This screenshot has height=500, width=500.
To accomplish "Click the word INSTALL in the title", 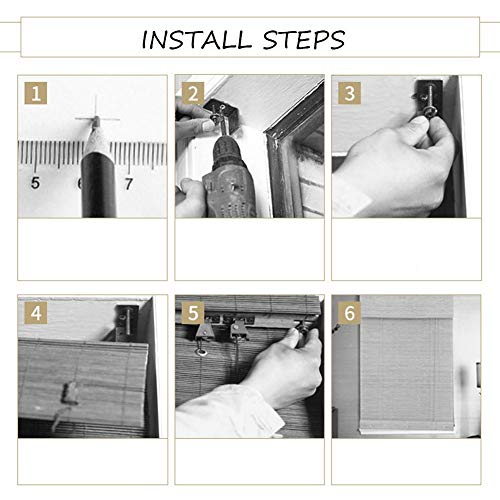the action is [197, 40].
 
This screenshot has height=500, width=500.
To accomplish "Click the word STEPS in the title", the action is [304, 40].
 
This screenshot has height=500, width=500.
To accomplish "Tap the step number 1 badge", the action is [36, 93].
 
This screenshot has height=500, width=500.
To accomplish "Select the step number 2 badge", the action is [193, 93].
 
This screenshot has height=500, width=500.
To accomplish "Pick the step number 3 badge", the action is [349, 93].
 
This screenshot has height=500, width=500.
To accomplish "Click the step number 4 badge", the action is [36, 313].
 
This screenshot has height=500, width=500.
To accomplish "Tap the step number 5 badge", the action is [193, 313].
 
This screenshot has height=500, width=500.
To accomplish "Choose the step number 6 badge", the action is [349, 313].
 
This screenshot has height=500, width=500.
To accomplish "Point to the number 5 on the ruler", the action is [35, 183].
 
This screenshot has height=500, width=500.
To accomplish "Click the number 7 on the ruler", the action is [129, 184].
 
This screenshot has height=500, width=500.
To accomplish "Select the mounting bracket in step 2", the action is [221, 112].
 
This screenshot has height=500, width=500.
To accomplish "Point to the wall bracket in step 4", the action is [127, 323].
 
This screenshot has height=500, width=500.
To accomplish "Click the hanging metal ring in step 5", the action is [202, 351].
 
